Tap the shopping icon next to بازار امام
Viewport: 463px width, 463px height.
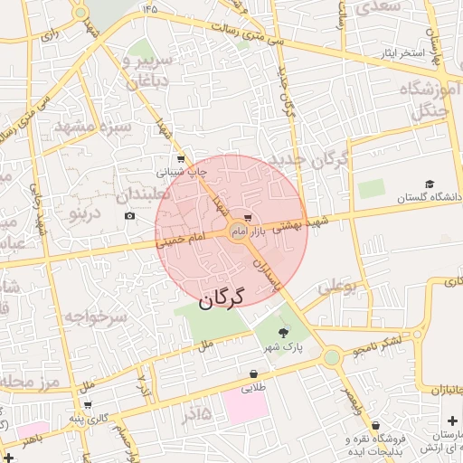coord(248,218)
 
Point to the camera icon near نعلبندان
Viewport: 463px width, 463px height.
coord(130,216)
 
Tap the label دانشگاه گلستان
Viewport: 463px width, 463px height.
coord(430,196)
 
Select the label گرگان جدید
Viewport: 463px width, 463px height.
coord(326,162)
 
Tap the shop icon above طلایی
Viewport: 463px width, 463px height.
coord(254,373)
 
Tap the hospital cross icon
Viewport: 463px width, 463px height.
coord(452,422)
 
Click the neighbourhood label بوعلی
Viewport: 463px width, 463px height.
coord(337,288)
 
